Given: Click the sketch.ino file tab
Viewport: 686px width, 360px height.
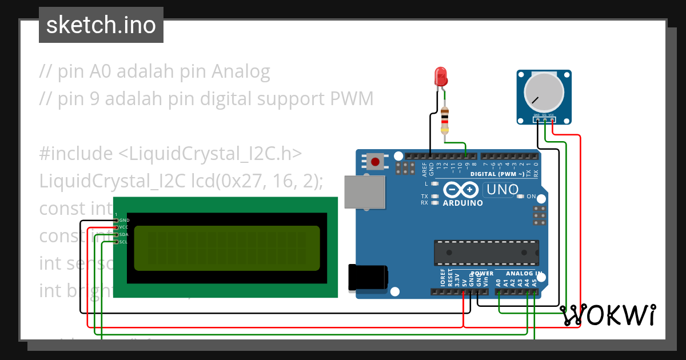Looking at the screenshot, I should (101, 25).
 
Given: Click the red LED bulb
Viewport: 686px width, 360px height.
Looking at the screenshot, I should (440, 77).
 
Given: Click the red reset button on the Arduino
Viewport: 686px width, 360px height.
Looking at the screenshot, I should (375, 162).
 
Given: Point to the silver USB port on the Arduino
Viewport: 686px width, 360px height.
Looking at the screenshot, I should (364, 191).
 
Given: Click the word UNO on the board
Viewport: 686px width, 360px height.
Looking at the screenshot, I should (501, 189).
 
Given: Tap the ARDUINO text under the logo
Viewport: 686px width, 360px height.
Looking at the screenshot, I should (463, 203).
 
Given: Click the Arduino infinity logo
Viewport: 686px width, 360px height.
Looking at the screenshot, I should (461, 190).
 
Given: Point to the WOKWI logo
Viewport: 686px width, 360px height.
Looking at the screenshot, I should (608, 315).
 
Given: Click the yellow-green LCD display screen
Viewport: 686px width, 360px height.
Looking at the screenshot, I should (227, 248).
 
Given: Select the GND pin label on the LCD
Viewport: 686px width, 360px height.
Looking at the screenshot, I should (124, 220).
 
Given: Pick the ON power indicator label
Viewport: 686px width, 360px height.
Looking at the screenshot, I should (531, 197).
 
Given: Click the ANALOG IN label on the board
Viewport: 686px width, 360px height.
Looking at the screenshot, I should (520, 273).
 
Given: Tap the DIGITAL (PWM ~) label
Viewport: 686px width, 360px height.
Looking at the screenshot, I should (497, 174).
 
